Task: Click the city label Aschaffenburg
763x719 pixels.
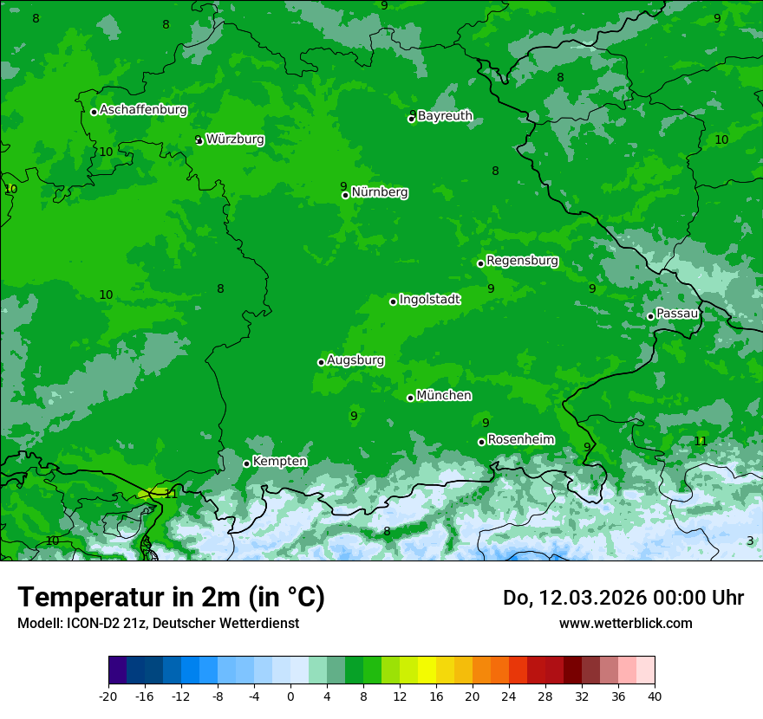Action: pyautogui.click(x=143, y=110)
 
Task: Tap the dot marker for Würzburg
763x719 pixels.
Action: pyautogui.click(x=199, y=140)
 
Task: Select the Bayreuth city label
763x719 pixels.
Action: pyautogui.click(x=445, y=116)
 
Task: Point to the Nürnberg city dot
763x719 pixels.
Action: pyautogui.click(x=345, y=195)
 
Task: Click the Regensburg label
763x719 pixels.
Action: pyautogui.click(x=522, y=261)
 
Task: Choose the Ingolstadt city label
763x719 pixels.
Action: pyautogui.click(x=429, y=300)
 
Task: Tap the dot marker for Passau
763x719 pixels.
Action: pyautogui.click(x=650, y=316)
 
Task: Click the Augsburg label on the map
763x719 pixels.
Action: pyautogui.click(x=355, y=360)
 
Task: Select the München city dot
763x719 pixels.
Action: pyautogui.click(x=410, y=398)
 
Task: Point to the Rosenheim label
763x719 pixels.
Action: pyautogui.click(x=520, y=440)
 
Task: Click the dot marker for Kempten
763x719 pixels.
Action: pyautogui.click(x=246, y=463)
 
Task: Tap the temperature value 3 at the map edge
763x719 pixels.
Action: pyautogui.click(x=750, y=541)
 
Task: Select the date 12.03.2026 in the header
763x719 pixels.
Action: pyautogui.click(x=583, y=598)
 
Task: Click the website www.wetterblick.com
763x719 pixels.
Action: pyautogui.click(x=625, y=623)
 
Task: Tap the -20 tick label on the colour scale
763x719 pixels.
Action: pyautogui.click(x=108, y=696)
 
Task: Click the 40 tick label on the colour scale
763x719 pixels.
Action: pyautogui.click(x=655, y=696)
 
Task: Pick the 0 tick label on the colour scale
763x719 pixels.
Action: pyautogui.click(x=290, y=696)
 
